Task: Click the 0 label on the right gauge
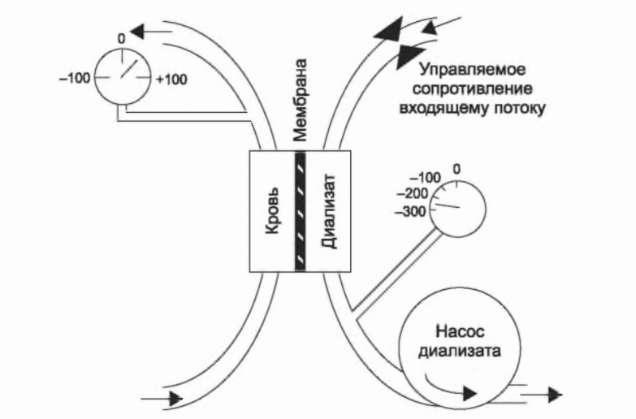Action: click(456, 168)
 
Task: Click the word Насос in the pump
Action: click(448, 333)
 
